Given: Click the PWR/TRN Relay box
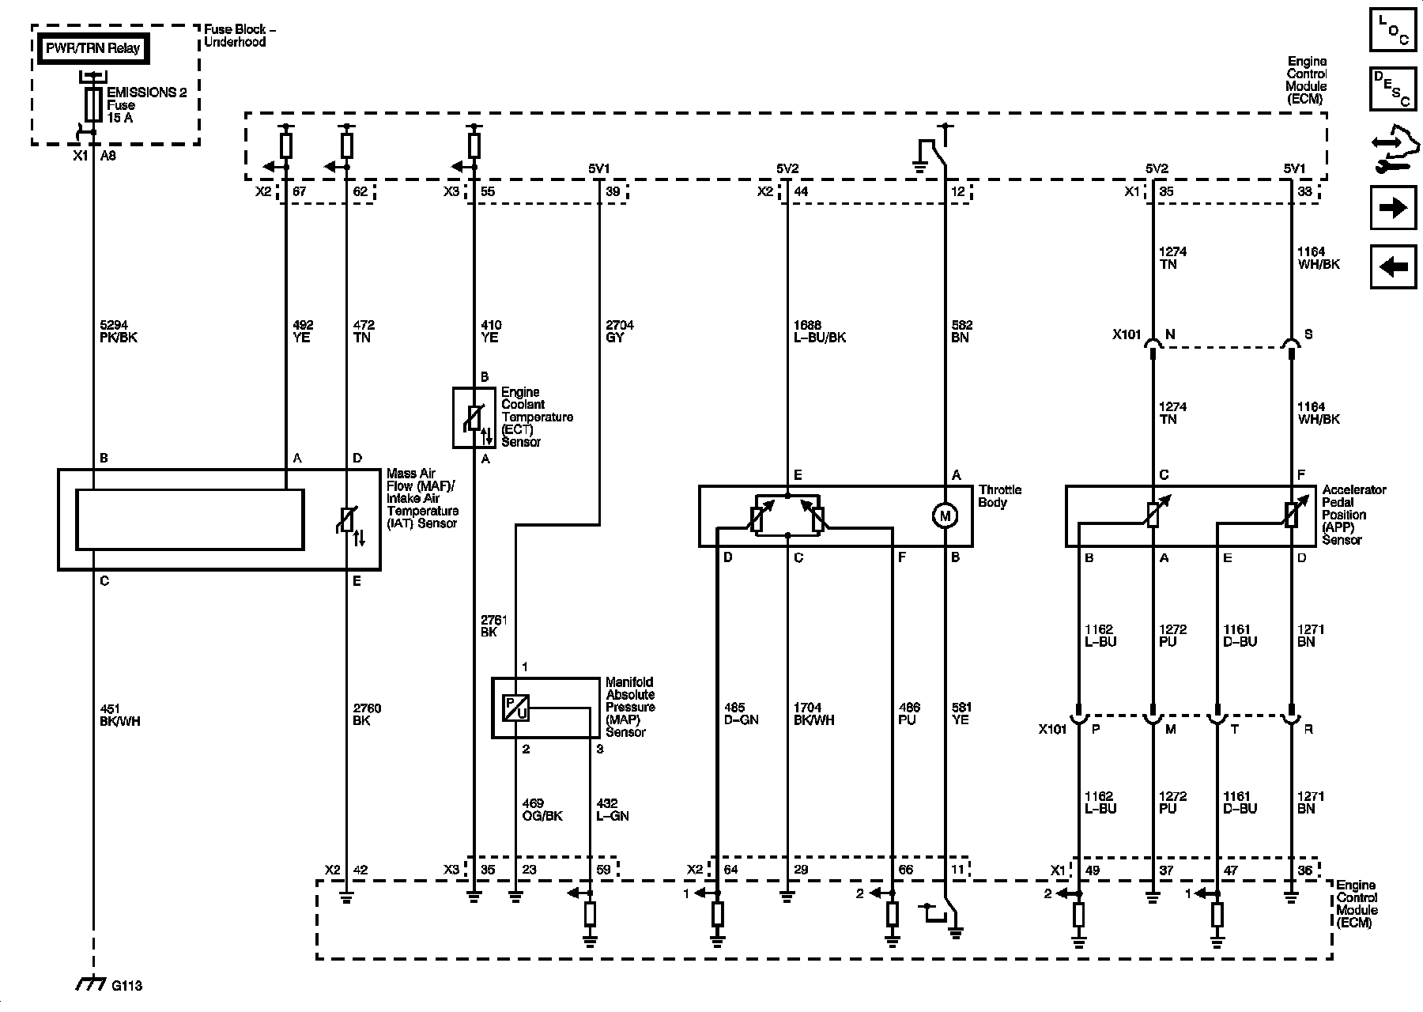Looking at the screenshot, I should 92,49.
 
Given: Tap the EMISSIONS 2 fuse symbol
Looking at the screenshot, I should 93,104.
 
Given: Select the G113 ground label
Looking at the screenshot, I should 126,985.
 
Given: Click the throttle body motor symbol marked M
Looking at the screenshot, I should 945,515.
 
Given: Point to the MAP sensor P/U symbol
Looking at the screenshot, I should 515,708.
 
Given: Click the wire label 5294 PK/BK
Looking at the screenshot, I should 115,331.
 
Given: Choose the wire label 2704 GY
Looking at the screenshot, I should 619,331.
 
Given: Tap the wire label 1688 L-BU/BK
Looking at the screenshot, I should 819,331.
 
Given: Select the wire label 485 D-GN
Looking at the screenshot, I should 741,714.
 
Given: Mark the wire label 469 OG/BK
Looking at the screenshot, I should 542,810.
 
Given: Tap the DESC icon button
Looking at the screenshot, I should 1393,89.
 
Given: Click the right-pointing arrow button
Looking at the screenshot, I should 1393,208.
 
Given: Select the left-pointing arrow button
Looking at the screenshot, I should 1393,267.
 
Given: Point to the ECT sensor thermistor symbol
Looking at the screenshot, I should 473,418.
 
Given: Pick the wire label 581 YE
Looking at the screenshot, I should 961,714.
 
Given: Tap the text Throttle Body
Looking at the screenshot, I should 1000,496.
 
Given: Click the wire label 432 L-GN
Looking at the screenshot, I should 613,810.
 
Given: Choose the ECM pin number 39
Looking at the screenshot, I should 613,191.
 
